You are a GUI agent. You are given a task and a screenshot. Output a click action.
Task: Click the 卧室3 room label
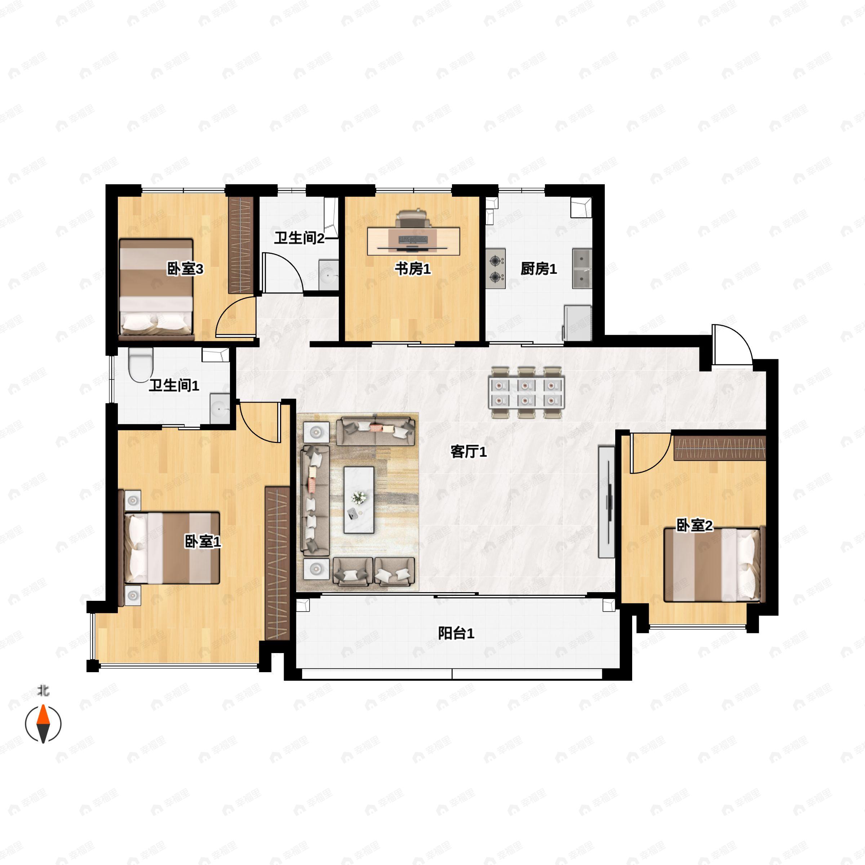185,269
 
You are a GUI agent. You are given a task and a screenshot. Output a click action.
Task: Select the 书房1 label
412,269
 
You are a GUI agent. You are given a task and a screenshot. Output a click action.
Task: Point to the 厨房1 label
538,269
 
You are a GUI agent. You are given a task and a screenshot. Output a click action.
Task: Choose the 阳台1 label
456,634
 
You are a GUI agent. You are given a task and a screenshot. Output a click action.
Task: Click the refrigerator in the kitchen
577,323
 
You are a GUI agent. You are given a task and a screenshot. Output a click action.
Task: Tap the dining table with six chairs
527,392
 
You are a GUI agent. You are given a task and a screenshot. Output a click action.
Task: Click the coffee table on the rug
359,500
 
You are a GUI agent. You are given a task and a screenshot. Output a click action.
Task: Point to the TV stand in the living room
607,501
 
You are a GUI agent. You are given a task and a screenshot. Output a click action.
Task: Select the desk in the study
414,241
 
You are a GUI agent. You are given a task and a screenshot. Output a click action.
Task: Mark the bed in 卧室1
171,548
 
